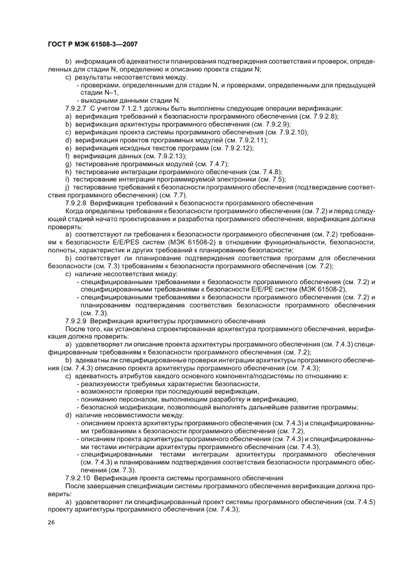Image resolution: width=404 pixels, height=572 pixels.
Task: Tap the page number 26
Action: (51, 522)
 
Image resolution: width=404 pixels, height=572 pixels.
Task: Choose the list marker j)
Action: (68, 188)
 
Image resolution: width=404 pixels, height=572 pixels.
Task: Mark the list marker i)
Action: (68, 180)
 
